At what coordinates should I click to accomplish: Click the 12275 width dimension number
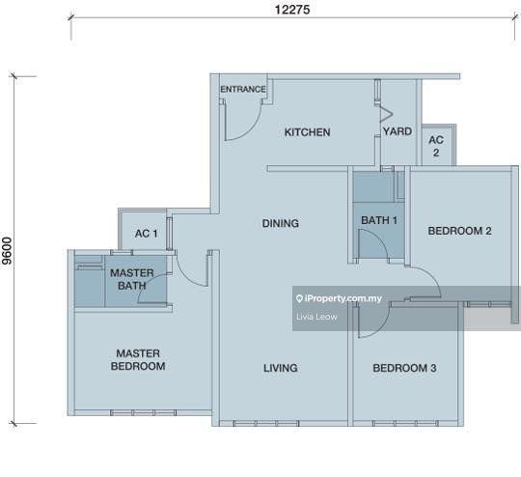[x=292, y=10]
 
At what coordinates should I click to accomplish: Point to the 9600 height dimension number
[x=8, y=251]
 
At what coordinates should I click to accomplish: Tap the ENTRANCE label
[x=243, y=89]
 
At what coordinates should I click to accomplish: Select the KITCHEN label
[x=308, y=132]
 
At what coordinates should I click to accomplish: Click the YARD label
[x=398, y=131]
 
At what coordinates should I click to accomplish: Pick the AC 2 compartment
[x=438, y=145]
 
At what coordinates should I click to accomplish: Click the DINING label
[x=281, y=223]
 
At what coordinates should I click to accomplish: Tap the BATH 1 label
[x=379, y=220]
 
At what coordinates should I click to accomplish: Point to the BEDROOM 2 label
[x=459, y=231]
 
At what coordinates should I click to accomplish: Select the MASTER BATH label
[x=132, y=279]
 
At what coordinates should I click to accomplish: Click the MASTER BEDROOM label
[x=138, y=359]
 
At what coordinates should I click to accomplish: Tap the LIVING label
[x=281, y=368]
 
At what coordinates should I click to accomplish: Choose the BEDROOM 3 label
[x=404, y=368]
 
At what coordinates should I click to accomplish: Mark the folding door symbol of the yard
[x=387, y=114]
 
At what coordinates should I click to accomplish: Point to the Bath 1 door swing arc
[x=379, y=237]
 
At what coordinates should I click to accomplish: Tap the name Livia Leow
[x=316, y=317]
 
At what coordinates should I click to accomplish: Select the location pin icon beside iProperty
[x=299, y=298]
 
